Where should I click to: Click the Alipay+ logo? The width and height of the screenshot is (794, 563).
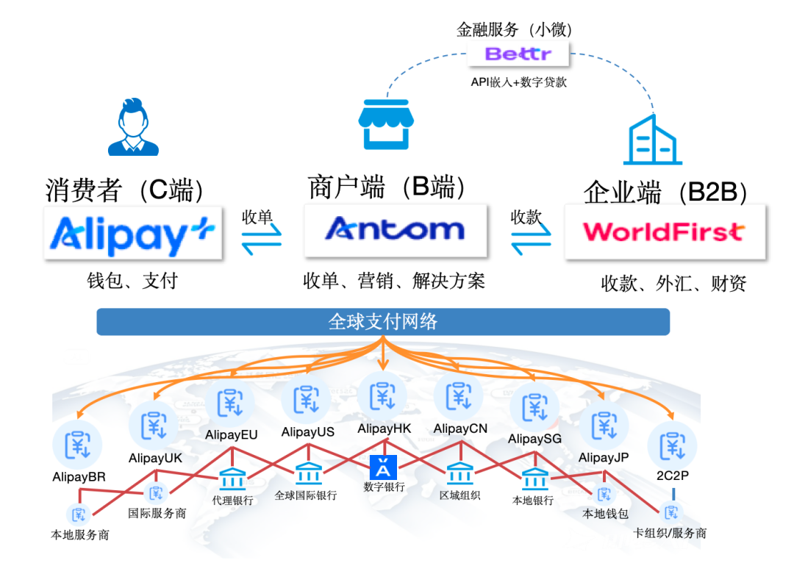(133, 233)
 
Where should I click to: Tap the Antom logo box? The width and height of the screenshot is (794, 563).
(396, 231)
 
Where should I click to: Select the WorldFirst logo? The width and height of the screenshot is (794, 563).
(664, 232)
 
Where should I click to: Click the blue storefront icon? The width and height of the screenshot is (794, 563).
(385, 124)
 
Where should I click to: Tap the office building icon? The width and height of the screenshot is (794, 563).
(650, 140)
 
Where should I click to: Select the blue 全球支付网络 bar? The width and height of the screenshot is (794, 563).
(383, 321)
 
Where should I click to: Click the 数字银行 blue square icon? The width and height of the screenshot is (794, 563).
(383, 468)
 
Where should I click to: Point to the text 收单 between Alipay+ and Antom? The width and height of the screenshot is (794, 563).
(257, 217)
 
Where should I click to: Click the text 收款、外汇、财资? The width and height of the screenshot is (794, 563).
(673, 283)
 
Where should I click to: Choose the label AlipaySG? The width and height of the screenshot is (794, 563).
(534, 439)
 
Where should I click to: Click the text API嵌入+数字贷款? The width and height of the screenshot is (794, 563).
(518, 82)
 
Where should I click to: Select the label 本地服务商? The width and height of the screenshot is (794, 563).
(80, 535)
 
